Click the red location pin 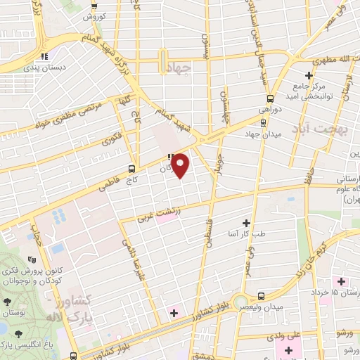tap(181, 165)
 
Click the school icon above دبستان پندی tap(44, 56)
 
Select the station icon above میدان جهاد tap(264, 122)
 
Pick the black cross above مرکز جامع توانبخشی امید tap(309, 76)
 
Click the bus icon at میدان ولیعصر tap(261, 296)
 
